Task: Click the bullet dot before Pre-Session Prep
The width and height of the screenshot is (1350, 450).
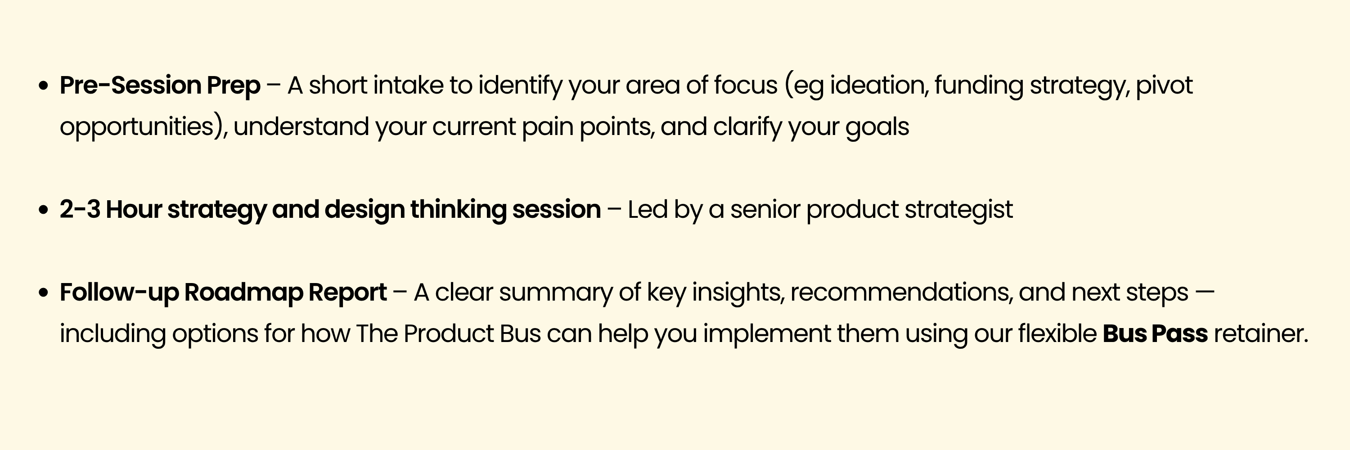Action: tap(44, 86)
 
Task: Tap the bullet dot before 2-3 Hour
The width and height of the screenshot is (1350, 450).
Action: tap(44, 210)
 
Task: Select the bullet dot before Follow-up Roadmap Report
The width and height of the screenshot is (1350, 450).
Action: tap(44, 293)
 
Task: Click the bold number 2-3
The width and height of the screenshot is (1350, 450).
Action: tap(80, 210)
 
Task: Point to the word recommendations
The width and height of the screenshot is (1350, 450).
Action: tap(902, 292)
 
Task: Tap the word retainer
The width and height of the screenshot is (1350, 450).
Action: tap(1261, 334)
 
